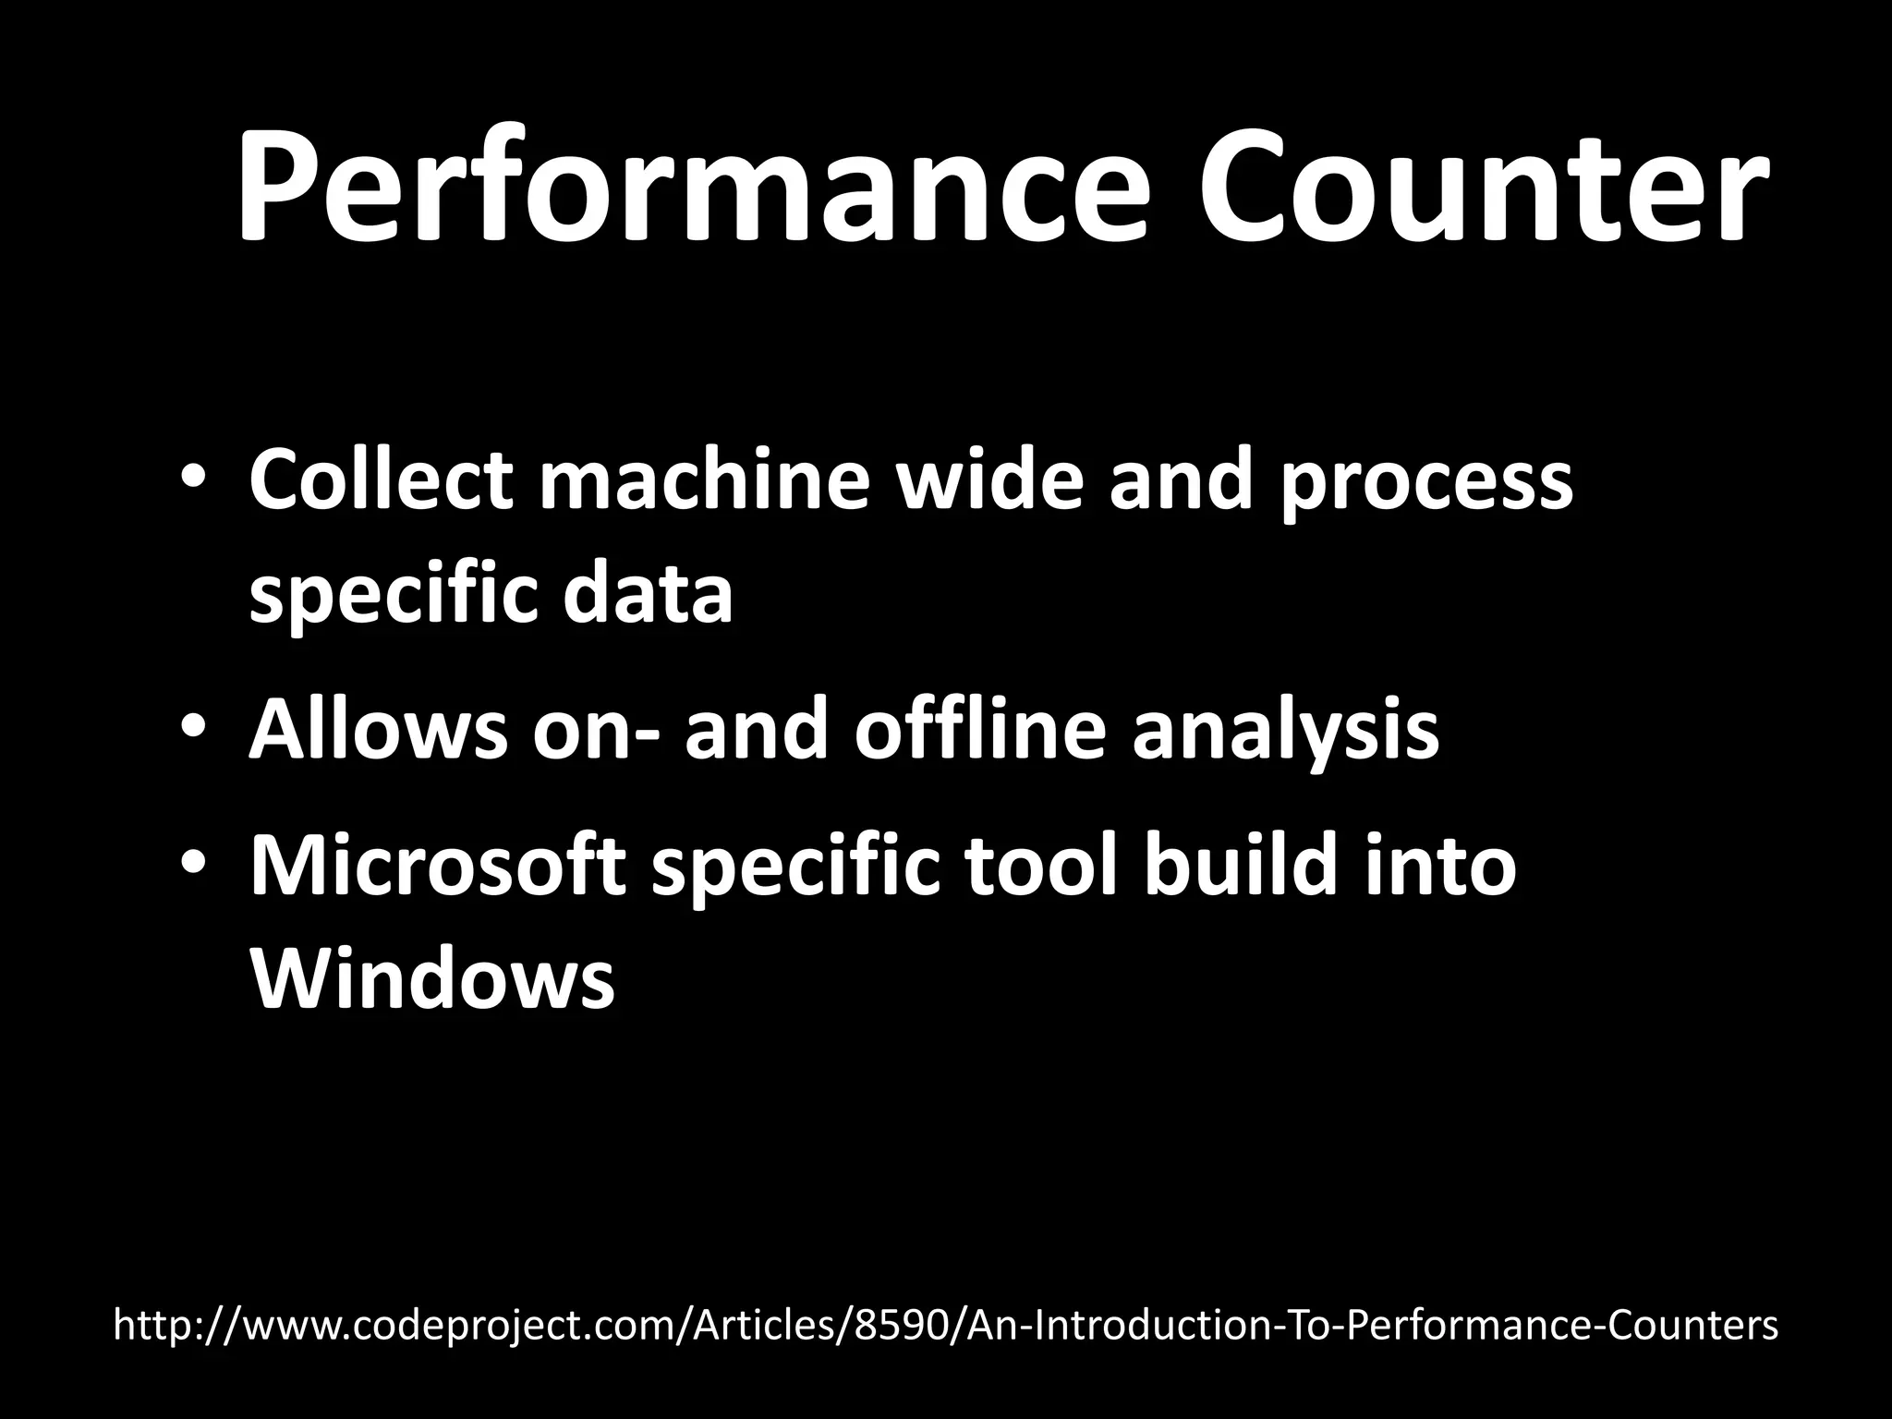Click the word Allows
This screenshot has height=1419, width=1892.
pyautogui.click(x=378, y=730)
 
